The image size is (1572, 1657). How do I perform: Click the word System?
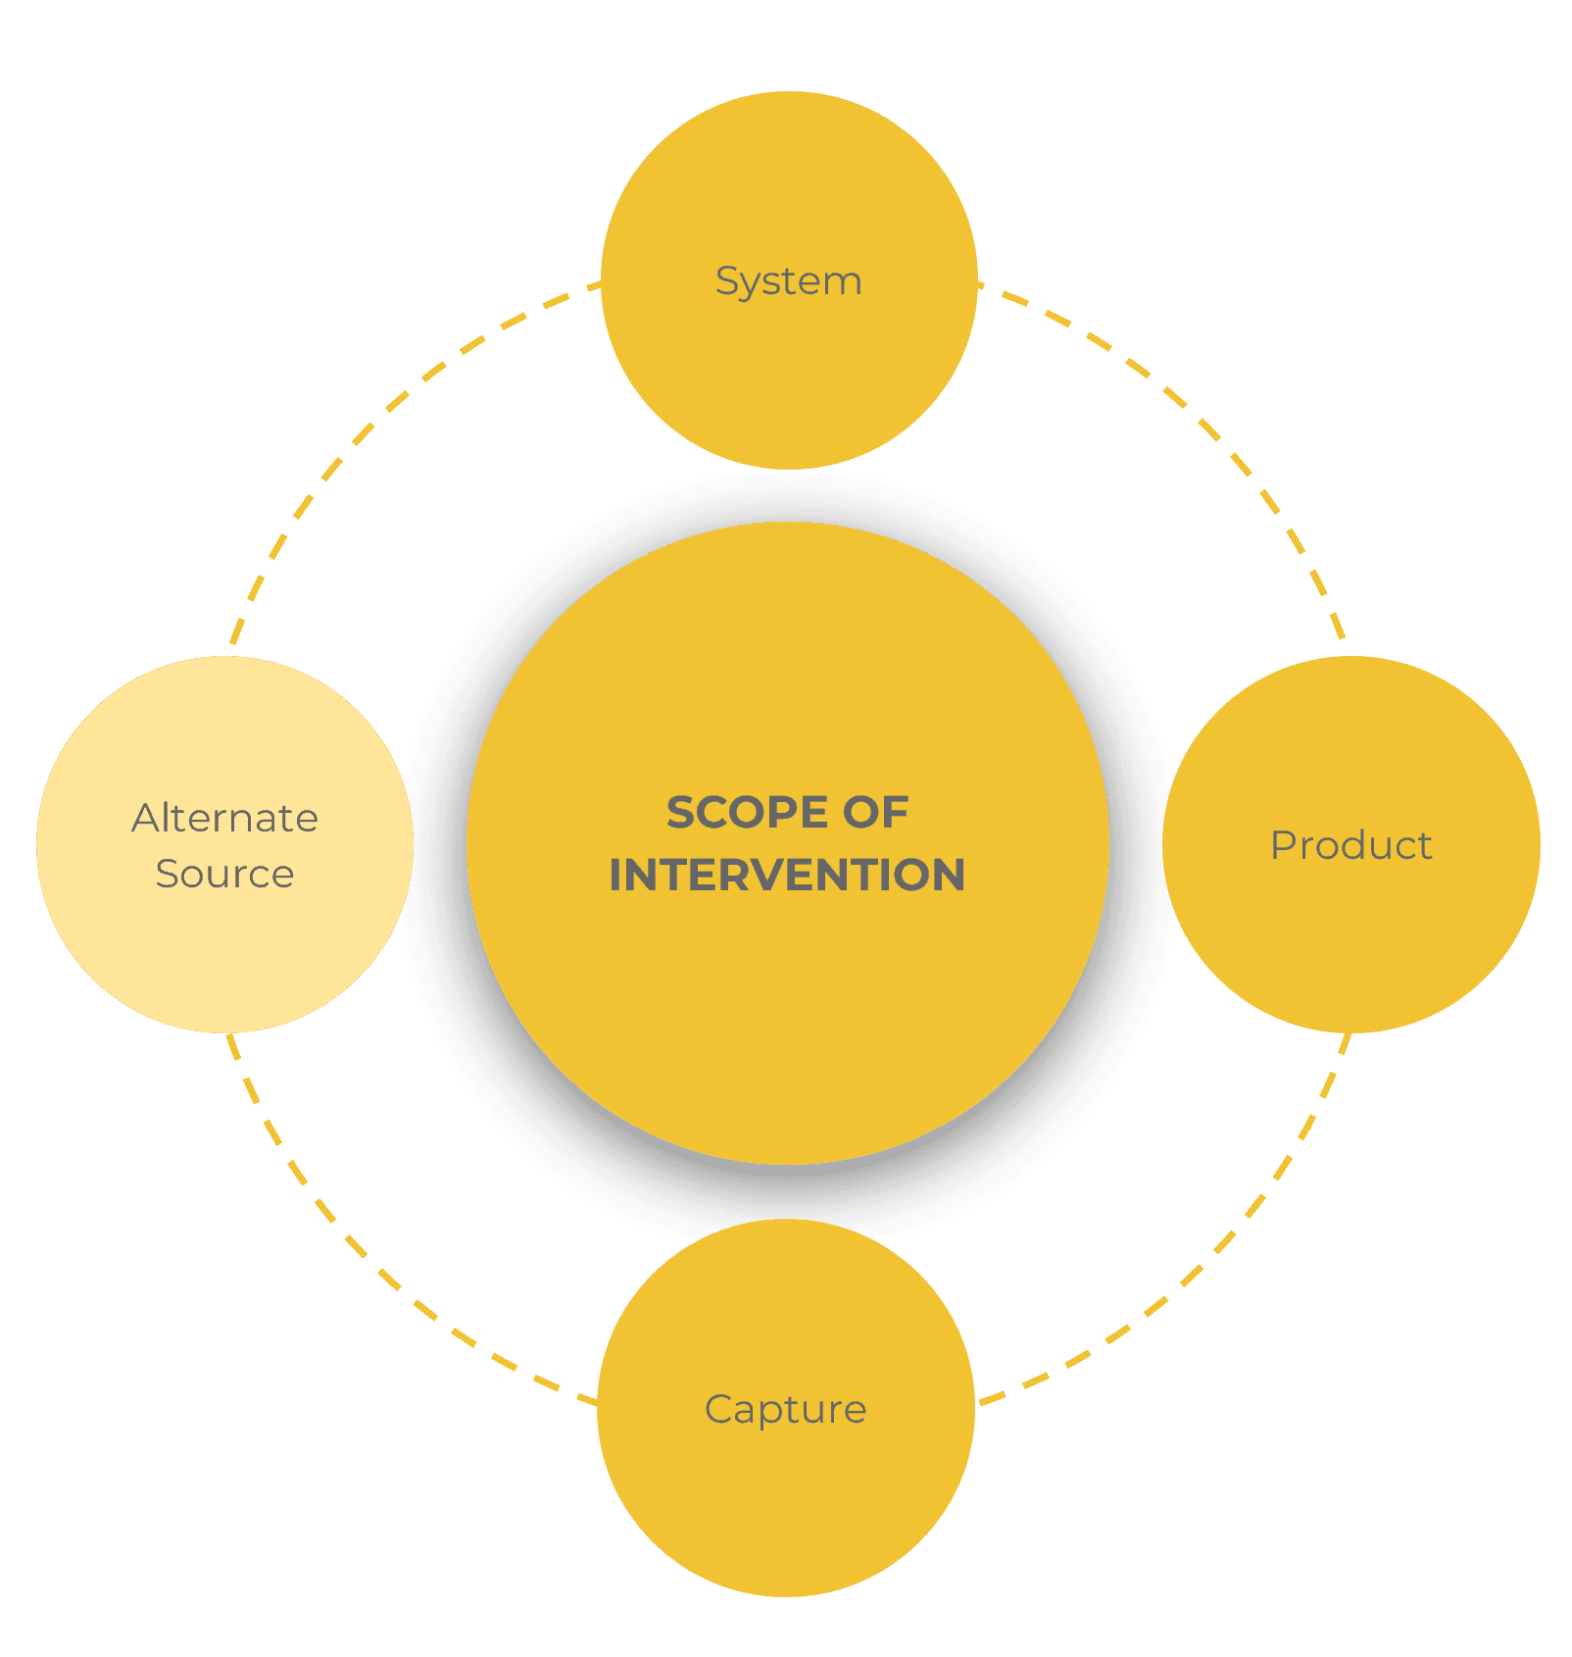pos(789,281)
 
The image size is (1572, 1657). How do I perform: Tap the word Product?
pos(1351,845)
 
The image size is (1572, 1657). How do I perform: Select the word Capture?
pos(785,1410)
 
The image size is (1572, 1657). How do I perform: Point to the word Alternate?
pos(225,818)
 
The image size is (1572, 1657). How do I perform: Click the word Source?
pos(224,874)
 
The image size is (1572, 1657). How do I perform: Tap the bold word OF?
pos(876,813)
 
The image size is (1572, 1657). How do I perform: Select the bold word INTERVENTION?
pos(787,876)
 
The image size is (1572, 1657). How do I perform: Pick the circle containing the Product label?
pos(1351,941)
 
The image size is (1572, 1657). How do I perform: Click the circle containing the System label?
pos(789,382)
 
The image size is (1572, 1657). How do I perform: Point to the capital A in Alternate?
pos(145,818)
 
